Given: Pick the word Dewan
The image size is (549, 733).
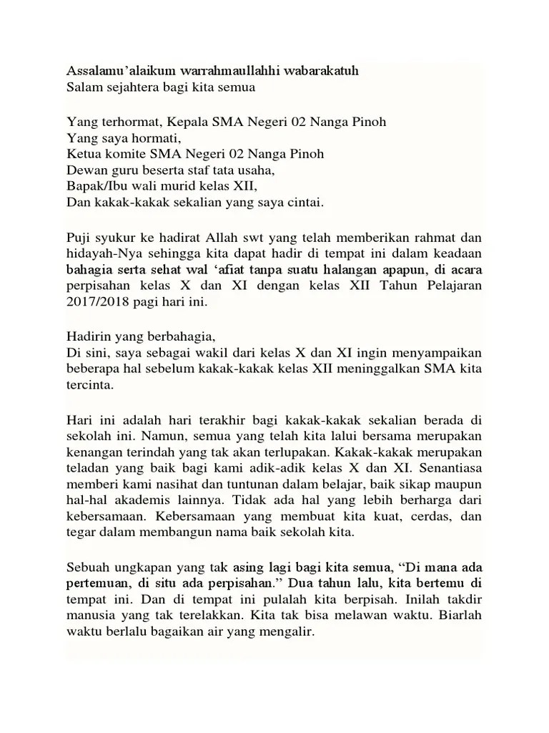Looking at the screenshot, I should pos(84,170).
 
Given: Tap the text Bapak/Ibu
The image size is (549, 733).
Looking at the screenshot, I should pos(92,186).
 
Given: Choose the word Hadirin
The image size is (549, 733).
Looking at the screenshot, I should pos(87,336).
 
